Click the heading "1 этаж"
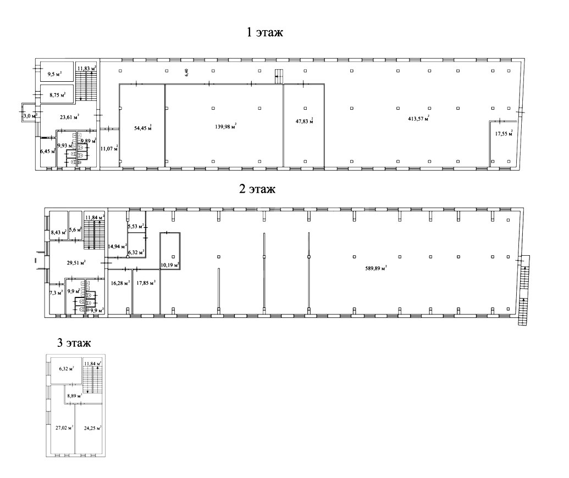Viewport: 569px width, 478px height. point(264,32)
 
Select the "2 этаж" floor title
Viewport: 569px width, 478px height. point(257,189)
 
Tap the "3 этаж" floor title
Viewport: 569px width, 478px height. point(74,342)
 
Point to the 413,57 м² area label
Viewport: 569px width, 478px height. point(419,118)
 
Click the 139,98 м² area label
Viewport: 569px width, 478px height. point(226,126)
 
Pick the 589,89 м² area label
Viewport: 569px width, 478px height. point(376,268)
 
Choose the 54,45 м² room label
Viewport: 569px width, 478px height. point(143,127)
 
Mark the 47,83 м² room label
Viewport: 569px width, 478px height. point(304,121)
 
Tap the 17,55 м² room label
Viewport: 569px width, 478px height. point(504,133)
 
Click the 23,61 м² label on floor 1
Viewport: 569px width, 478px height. point(69,116)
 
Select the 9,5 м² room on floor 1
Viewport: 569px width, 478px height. point(55,75)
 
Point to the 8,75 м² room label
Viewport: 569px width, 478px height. point(57,95)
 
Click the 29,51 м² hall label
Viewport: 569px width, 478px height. point(76,262)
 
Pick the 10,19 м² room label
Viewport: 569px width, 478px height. point(170,265)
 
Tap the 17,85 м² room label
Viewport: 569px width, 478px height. point(146,283)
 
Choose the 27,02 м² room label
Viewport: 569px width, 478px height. point(64,428)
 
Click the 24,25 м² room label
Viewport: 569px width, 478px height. point(92,428)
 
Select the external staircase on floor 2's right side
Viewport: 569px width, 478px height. point(523,290)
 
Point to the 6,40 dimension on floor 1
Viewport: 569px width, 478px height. point(187,72)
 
